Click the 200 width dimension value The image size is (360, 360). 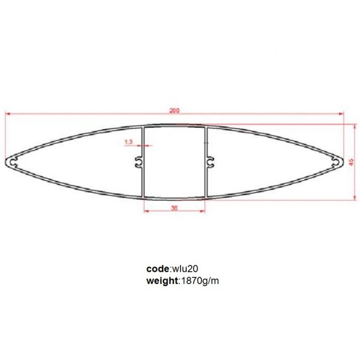coord(174,110)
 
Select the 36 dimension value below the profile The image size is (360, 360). coord(174,208)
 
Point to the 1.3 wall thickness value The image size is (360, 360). coord(128,142)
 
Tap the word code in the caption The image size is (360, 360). coord(158,269)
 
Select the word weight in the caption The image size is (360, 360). coord(162,280)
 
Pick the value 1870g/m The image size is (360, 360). coord(200,280)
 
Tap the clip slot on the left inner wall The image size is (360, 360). coord(139,161)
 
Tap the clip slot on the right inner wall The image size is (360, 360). coord(209,161)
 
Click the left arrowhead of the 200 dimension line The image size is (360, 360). coord(8,113)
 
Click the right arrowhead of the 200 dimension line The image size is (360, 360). coord(341,113)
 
